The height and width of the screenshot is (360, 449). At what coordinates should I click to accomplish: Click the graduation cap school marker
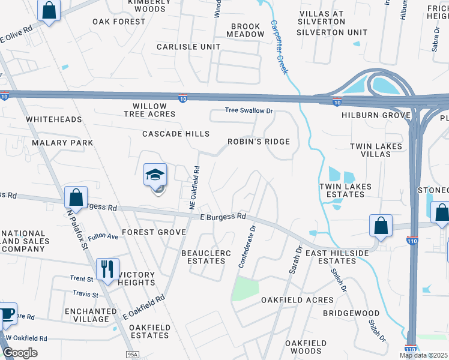tap(155, 176)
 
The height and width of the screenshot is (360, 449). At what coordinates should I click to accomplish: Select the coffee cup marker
tap(6, 314)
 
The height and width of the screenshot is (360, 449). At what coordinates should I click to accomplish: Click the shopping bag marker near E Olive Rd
tap(49, 10)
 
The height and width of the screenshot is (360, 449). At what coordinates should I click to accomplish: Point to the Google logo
tap(20, 352)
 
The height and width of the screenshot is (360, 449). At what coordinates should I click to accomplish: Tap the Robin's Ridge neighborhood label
tap(258, 142)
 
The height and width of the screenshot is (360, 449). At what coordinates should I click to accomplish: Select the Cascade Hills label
tap(176, 133)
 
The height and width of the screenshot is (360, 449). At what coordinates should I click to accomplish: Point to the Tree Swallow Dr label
tap(249, 110)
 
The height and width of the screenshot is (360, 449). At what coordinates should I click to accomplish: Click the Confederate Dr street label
tap(247, 246)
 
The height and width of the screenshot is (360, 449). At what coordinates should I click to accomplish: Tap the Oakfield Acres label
tap(297, 300)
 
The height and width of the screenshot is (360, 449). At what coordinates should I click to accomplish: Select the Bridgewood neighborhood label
tap(351, 313)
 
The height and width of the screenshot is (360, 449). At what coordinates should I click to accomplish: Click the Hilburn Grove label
tap(376, 115)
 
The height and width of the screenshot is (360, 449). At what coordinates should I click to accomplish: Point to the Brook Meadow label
tap(246, 31)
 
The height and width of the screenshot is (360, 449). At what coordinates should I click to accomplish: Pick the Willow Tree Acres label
tap(150, 109)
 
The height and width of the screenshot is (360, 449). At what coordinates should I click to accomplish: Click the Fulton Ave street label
tap(102, 237)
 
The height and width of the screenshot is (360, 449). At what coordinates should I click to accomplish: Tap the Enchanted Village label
tap(91, 315)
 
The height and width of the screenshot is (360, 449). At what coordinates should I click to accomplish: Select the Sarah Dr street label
tap(294, 260)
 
